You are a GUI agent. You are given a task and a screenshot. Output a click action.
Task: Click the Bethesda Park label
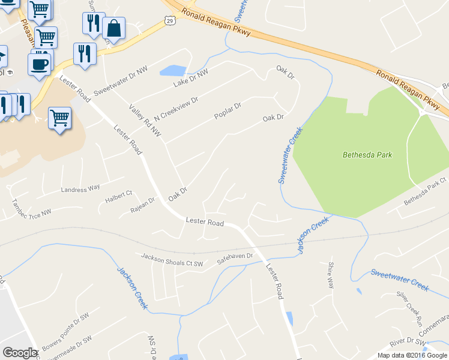367,155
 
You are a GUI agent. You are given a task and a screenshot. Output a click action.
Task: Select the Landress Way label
80,188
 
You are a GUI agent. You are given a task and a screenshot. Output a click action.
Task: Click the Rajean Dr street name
143,209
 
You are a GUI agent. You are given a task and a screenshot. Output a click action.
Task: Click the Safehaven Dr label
235,254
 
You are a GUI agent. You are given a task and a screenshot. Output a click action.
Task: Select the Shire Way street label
331,275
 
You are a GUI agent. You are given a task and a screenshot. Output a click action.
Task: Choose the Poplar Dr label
228,111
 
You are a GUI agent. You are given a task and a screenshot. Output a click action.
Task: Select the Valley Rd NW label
146,119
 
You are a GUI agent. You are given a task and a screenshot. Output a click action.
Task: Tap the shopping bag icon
113,28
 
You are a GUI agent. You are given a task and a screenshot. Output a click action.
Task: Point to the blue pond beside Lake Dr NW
173,70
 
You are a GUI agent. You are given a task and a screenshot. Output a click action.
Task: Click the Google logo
20,353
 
